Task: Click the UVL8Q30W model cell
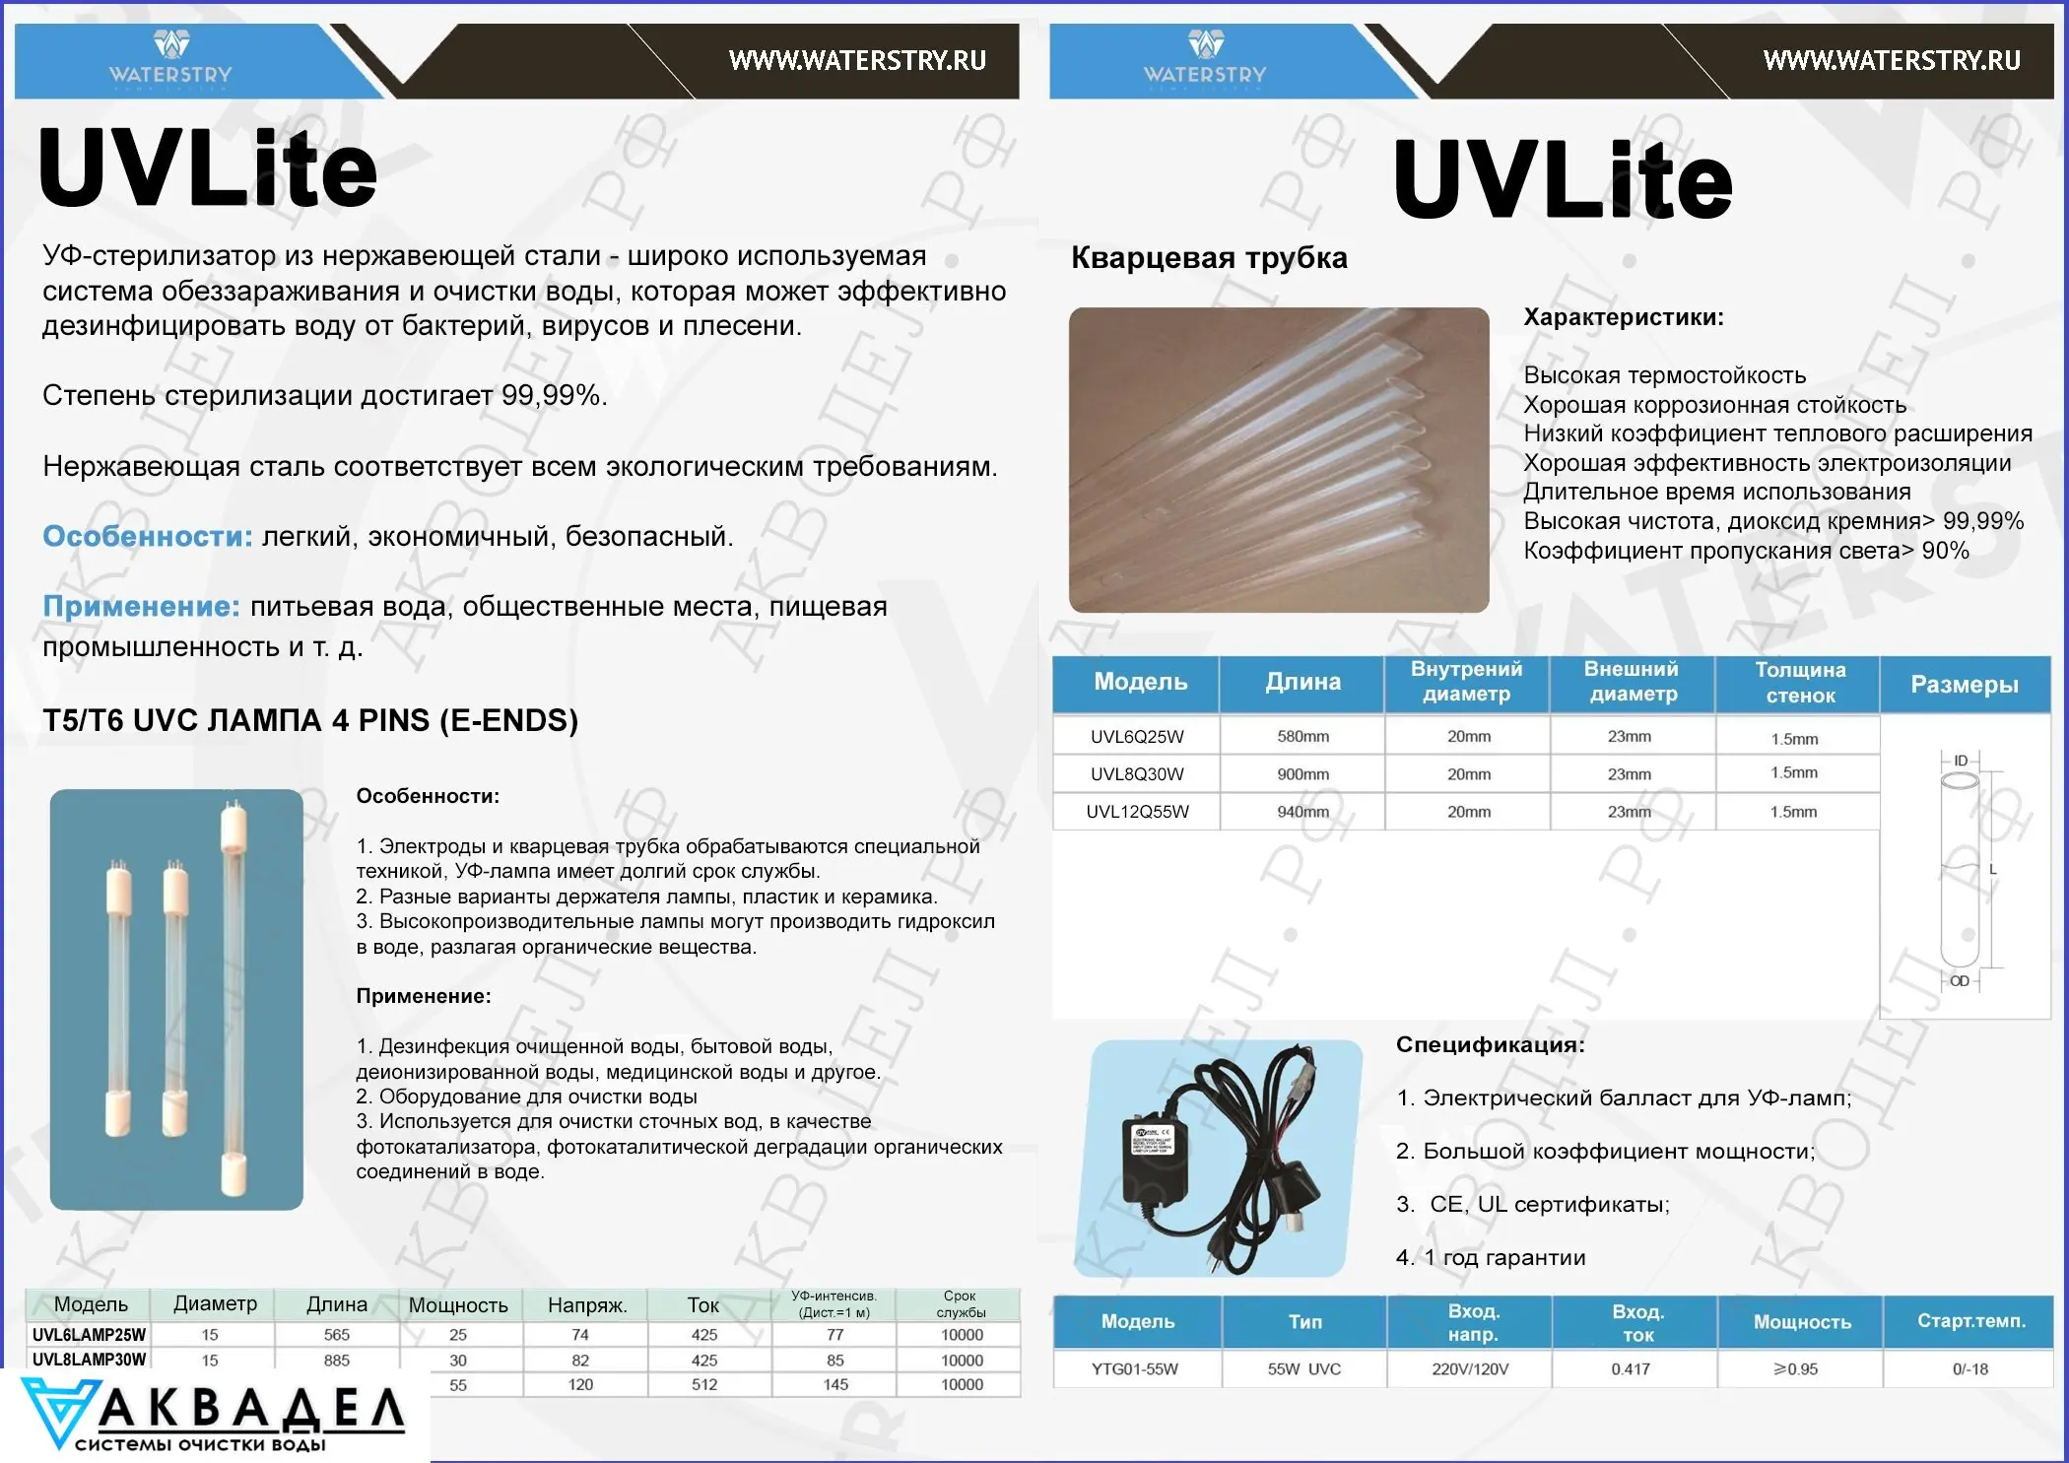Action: (x=1137, y=774)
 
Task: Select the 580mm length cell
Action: (x=1302, y=737)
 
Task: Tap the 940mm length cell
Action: (x=1302, y=812)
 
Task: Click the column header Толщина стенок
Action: (x=1799, y=683)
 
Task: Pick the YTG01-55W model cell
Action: (x=1135, y=1369)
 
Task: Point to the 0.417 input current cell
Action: (x=1631, y=1369)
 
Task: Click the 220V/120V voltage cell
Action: (x=1470, y=1369)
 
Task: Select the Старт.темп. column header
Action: (x=1970, y=1321)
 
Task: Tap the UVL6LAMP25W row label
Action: (x=89, y=1335)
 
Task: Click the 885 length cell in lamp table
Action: (x=337, y=1361)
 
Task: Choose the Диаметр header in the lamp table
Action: (x=215, y=1304)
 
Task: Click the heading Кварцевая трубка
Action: (x=1209, y=258)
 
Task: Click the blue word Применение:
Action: (x=141, y=607)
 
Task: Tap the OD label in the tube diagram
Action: (x=1960, y=981)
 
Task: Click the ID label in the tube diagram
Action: (x=1961, y=761)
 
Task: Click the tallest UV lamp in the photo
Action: (x=233, y=995)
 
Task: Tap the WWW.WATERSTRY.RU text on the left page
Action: (x=857, y=61)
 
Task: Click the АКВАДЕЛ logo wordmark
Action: (x=251, y=1410)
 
